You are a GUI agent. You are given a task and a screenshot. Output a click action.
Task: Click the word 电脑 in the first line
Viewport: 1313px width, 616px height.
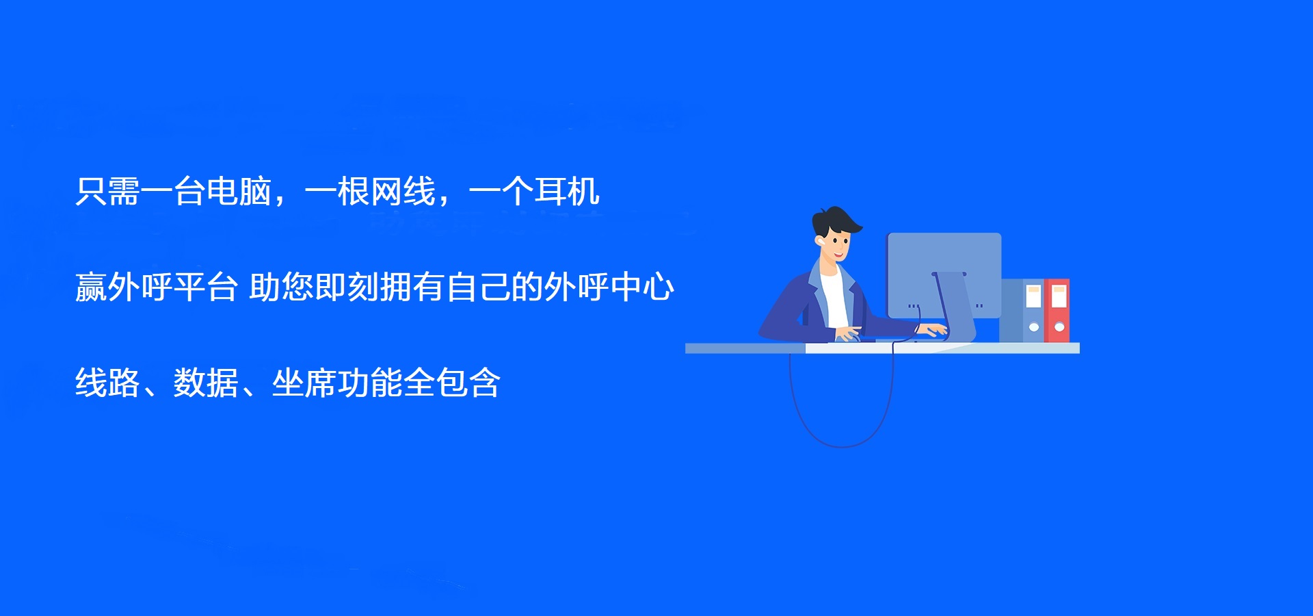239,192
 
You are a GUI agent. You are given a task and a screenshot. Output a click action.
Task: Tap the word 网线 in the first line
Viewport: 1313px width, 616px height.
403,192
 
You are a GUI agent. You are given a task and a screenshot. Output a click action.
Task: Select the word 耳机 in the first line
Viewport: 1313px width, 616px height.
567,192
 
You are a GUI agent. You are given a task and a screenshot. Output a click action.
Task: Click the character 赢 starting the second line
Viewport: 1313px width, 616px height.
91,287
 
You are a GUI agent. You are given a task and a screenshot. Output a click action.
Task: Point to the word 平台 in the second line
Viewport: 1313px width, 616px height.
205,287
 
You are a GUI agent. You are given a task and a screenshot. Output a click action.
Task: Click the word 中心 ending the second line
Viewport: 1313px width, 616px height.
642,287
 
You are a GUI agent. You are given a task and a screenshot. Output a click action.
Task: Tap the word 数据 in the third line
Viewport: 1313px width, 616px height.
206,383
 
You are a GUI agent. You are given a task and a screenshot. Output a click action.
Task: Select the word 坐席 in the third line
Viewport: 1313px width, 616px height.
304,383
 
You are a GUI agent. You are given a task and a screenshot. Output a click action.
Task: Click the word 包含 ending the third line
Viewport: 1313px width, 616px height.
468,383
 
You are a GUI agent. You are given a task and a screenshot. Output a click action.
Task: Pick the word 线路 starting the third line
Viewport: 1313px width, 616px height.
107,383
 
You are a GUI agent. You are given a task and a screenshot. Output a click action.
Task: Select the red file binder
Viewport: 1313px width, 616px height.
1057,311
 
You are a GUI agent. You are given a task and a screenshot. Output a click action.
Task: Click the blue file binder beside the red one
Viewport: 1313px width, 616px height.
1033,311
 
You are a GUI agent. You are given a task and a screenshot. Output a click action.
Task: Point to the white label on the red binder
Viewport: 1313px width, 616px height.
1059,296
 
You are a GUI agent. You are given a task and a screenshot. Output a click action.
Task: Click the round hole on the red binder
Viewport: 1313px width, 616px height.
1059,327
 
